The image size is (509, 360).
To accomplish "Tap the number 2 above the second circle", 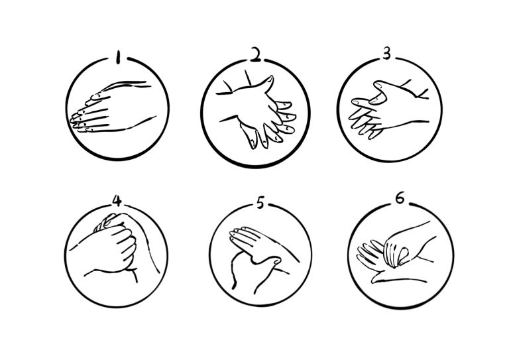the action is [256, 54].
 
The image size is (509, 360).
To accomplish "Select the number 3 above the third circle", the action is [386, 53].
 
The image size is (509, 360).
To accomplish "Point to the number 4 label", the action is [117, 200].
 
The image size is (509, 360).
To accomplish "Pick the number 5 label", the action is [260, 203].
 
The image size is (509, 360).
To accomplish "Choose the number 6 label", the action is [400, 198].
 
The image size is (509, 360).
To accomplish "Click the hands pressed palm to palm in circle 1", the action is [112, 107].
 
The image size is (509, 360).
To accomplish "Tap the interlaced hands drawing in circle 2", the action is [256, 110].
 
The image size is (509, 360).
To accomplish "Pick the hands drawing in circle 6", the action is [397, 253].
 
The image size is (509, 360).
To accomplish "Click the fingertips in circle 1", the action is [78, 121].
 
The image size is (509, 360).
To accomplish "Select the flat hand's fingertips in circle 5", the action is [238, 235].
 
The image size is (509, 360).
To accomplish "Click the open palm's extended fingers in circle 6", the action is [369, 254].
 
